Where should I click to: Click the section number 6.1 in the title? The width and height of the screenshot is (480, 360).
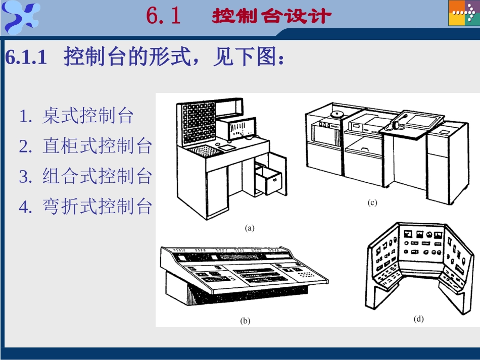point(163,16)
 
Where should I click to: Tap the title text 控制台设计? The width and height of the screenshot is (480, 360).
point(272,16)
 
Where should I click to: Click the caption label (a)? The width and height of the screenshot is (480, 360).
point(250,228)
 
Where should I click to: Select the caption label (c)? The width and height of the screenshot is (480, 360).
point(372,203)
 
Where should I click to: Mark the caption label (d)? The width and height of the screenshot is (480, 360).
point(418,319)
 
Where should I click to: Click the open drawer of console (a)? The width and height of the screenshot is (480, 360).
point(268,180)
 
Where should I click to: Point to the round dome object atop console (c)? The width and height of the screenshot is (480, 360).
point(338,113)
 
